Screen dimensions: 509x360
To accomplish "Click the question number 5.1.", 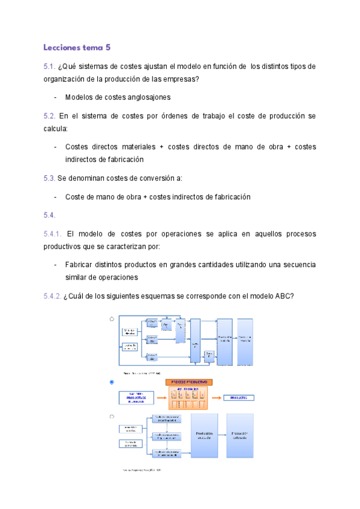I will (49, 66).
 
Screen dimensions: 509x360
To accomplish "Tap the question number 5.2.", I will (49, 116).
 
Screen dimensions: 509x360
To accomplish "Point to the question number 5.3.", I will (49, 178).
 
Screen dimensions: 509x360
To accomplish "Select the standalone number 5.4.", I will (49, 215).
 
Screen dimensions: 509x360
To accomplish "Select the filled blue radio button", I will (112, 382).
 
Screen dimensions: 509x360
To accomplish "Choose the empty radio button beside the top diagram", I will (112, 319).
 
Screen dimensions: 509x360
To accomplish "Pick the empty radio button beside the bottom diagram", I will (112, 416).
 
